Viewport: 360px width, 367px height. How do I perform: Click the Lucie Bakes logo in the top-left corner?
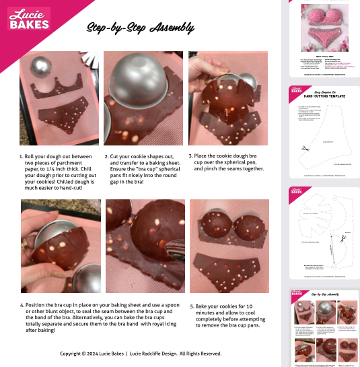[28, 18]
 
